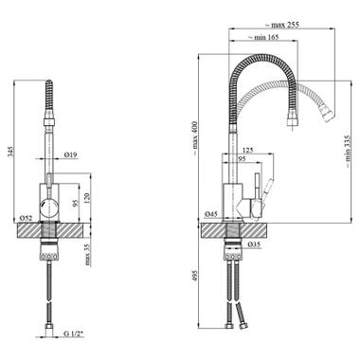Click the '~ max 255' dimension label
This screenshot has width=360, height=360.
pyautogui.click(x=281, y=25)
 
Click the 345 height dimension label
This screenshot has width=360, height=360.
pyautogui.click(x=11, y=152)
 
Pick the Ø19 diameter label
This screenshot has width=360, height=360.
pyautogui.click(x=70, y=154)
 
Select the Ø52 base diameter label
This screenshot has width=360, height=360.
pyautogui.click(x=26, y=218)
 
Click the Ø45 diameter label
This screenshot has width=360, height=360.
pyautogui.click(x=211, y=214)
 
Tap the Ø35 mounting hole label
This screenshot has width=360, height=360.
pyautogui.click(x=254, y=243)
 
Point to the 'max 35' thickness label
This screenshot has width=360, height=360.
pyautogui.click(x=87, y=255)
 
